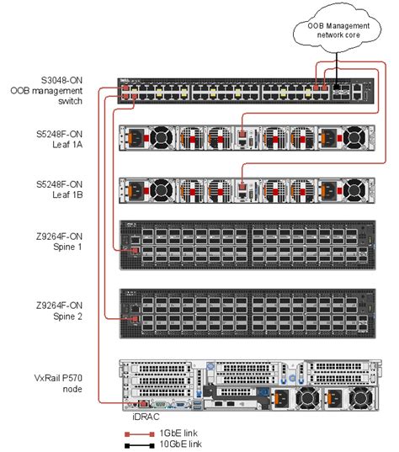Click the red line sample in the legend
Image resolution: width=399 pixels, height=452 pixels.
pos(136,431)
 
